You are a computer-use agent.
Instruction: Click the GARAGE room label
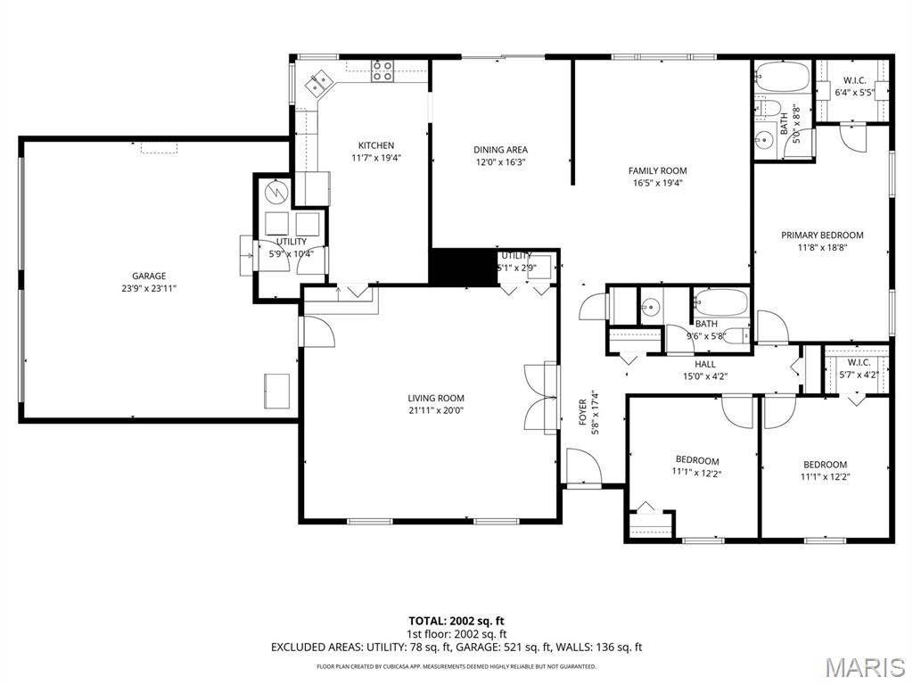[149, 276]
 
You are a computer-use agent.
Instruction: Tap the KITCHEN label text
[375, 145]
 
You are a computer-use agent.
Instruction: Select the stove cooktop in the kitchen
[382, 71]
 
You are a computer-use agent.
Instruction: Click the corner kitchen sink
[318, 85]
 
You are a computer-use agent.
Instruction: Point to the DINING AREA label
[500, 150]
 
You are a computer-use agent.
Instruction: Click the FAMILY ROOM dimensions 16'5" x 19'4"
[657, 183]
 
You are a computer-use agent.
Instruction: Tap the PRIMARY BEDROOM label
[822, 235]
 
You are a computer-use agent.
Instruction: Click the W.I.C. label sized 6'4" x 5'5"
[854, 92]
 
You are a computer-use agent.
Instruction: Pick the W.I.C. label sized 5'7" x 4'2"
[859, 375]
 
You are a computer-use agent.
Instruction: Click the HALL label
[705, 364]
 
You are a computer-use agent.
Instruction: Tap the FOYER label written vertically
[583, 412]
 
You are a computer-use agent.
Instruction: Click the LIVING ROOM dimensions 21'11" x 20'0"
[436, 410]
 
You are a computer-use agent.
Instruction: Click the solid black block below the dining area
[463, 268]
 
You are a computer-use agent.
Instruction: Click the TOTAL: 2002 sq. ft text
[456, 621]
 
